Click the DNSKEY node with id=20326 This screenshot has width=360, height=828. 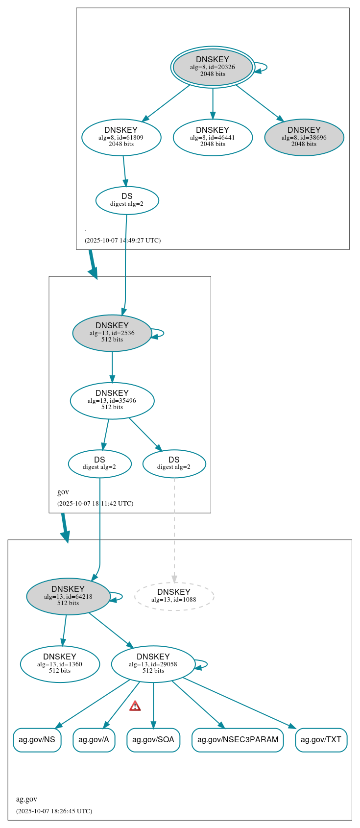click(x=213, y=67)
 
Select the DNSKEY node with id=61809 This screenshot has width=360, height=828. click(x=121, y=138)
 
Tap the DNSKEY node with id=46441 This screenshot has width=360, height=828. click(x=213, y=138)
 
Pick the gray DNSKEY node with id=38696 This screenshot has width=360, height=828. click(x=304, y=138)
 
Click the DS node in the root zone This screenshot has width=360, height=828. click(x=127, y=200)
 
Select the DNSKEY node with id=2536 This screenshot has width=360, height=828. click(x=112, y=333)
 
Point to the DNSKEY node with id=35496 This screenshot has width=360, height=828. click(x=112, y=401)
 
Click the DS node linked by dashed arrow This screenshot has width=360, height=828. click(x=174, y=463)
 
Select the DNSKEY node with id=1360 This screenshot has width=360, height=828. click(x=60, y=664)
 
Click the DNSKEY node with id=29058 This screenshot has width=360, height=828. click(x=153, y=664)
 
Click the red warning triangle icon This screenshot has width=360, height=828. click(x=135, y=706)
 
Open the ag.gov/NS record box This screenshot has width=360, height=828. click(x=37, y=740)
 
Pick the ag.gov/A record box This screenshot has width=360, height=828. click(x=94, y=740)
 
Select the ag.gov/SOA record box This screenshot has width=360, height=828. click(x=153, y=740)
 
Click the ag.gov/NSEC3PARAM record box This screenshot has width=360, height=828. click(x=238, y=740)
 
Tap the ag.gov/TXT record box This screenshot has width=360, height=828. click(x=321, y=740)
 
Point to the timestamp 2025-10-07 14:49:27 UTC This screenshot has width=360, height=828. click(x=122, y=241)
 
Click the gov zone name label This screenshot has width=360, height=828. click(x=63, y=492)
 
